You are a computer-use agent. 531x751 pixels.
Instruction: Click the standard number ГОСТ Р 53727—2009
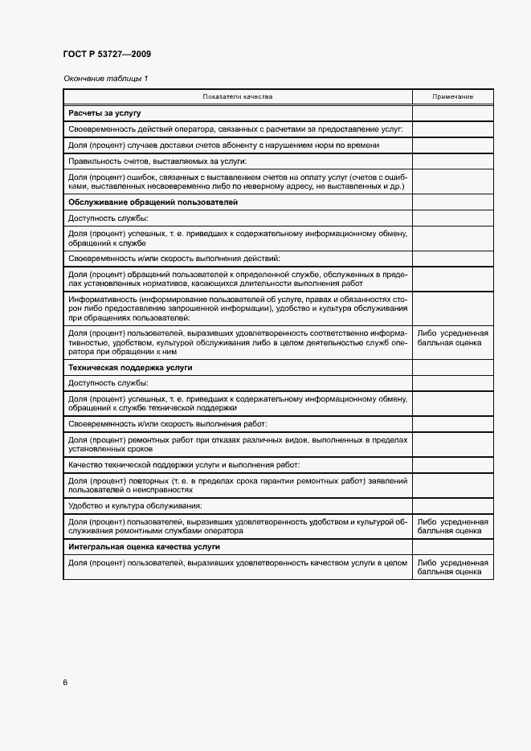click(107, 54)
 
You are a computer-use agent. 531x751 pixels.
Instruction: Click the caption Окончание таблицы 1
click(105, 78)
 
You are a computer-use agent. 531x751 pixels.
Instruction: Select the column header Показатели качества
click(238, 96)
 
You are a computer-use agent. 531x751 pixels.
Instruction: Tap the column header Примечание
click(452, 96)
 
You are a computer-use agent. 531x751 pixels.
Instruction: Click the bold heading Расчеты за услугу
click(104, 113)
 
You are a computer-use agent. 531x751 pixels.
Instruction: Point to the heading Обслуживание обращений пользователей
click(153, 202)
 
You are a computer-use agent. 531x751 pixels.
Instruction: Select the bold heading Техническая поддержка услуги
click(130, 367)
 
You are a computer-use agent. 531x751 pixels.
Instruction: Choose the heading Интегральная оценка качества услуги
click(145, 546)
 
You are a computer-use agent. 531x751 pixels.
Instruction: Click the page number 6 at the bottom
click(66, 683)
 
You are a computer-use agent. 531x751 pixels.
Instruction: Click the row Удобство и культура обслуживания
click(135, 505)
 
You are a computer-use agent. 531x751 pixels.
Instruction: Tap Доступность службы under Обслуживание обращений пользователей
click(108, 218)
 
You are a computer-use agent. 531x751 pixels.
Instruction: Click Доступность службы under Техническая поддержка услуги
click(108, 382)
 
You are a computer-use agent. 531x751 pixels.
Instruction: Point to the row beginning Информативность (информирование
click(238, 308)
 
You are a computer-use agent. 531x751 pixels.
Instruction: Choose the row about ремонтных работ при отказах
click(238, 444)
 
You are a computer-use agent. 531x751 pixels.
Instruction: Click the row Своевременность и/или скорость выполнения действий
click(174, 258)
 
